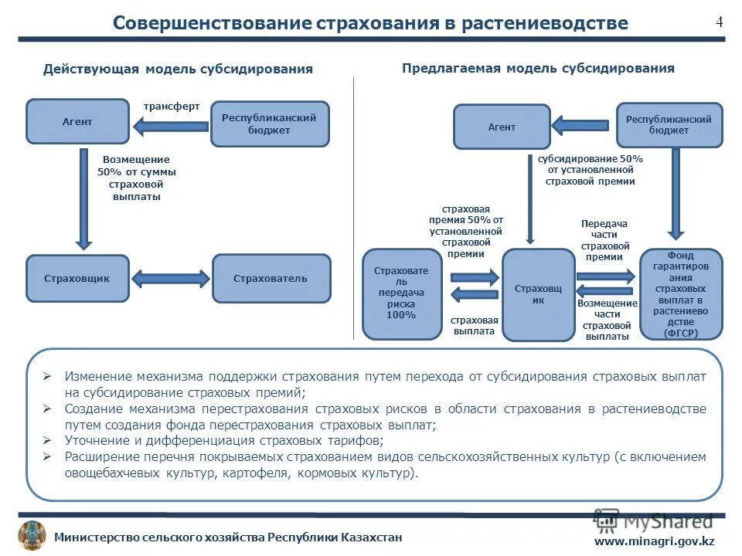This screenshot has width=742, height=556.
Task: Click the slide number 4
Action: coord(719,22)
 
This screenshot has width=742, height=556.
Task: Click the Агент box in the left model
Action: coord(77,121)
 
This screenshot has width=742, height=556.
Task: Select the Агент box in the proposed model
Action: coord(502,127)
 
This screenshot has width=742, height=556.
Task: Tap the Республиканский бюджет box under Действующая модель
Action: coord(270,124)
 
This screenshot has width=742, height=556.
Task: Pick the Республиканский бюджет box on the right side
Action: coord(669,125)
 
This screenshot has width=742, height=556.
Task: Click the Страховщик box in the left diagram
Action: coord(78,278)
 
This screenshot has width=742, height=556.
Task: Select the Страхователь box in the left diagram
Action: coord(271,278)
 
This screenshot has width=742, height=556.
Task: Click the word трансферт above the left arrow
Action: coord(171,107)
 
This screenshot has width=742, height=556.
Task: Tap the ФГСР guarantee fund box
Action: coord(680,294)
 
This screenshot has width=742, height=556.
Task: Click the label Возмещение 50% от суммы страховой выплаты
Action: coord(136,178)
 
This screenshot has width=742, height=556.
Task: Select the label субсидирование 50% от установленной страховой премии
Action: coord(590,170)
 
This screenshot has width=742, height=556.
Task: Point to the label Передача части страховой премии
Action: coord(605,240)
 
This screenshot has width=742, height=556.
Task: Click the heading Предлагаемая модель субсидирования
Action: coord(538,68)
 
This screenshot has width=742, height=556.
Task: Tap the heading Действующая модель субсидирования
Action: coord(178,69)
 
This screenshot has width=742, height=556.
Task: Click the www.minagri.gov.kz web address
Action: coord(654,541)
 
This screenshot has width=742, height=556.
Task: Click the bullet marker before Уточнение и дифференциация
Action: coord(47,440)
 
